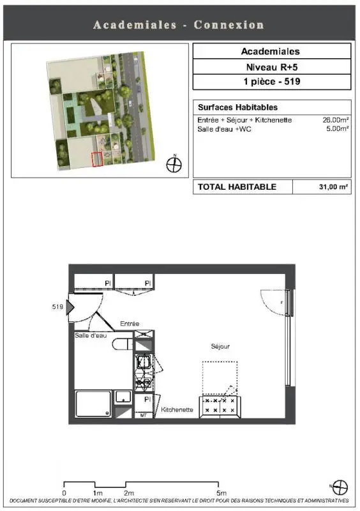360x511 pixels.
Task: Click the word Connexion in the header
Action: coord(229,25)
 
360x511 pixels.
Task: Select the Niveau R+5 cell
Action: coord(272,67)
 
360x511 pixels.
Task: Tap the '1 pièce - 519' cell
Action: coord(272,82)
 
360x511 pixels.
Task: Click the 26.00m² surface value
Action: coord(336,119)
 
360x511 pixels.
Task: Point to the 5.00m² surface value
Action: coord(338,128)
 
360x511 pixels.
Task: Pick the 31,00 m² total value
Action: coord(333,187)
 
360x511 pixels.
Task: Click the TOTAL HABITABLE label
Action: coord(237,187)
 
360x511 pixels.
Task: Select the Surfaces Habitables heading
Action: coord(237,107)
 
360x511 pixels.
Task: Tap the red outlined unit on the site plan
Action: coord(97,159)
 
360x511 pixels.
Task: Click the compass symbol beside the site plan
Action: coord(174,164)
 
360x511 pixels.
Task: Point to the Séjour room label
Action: coord(220,346)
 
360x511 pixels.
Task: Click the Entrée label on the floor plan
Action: coord(130,324)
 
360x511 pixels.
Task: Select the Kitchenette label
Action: coord(177,409)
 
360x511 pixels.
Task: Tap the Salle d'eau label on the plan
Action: coord(91,335)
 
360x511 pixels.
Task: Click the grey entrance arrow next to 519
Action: coord(70,307)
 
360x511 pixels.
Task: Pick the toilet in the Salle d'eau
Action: coord(123,344)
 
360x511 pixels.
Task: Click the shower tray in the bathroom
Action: coord(93,404)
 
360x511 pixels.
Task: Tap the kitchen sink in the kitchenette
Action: coord(144,361)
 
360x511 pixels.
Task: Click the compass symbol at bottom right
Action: coord(340,487)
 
